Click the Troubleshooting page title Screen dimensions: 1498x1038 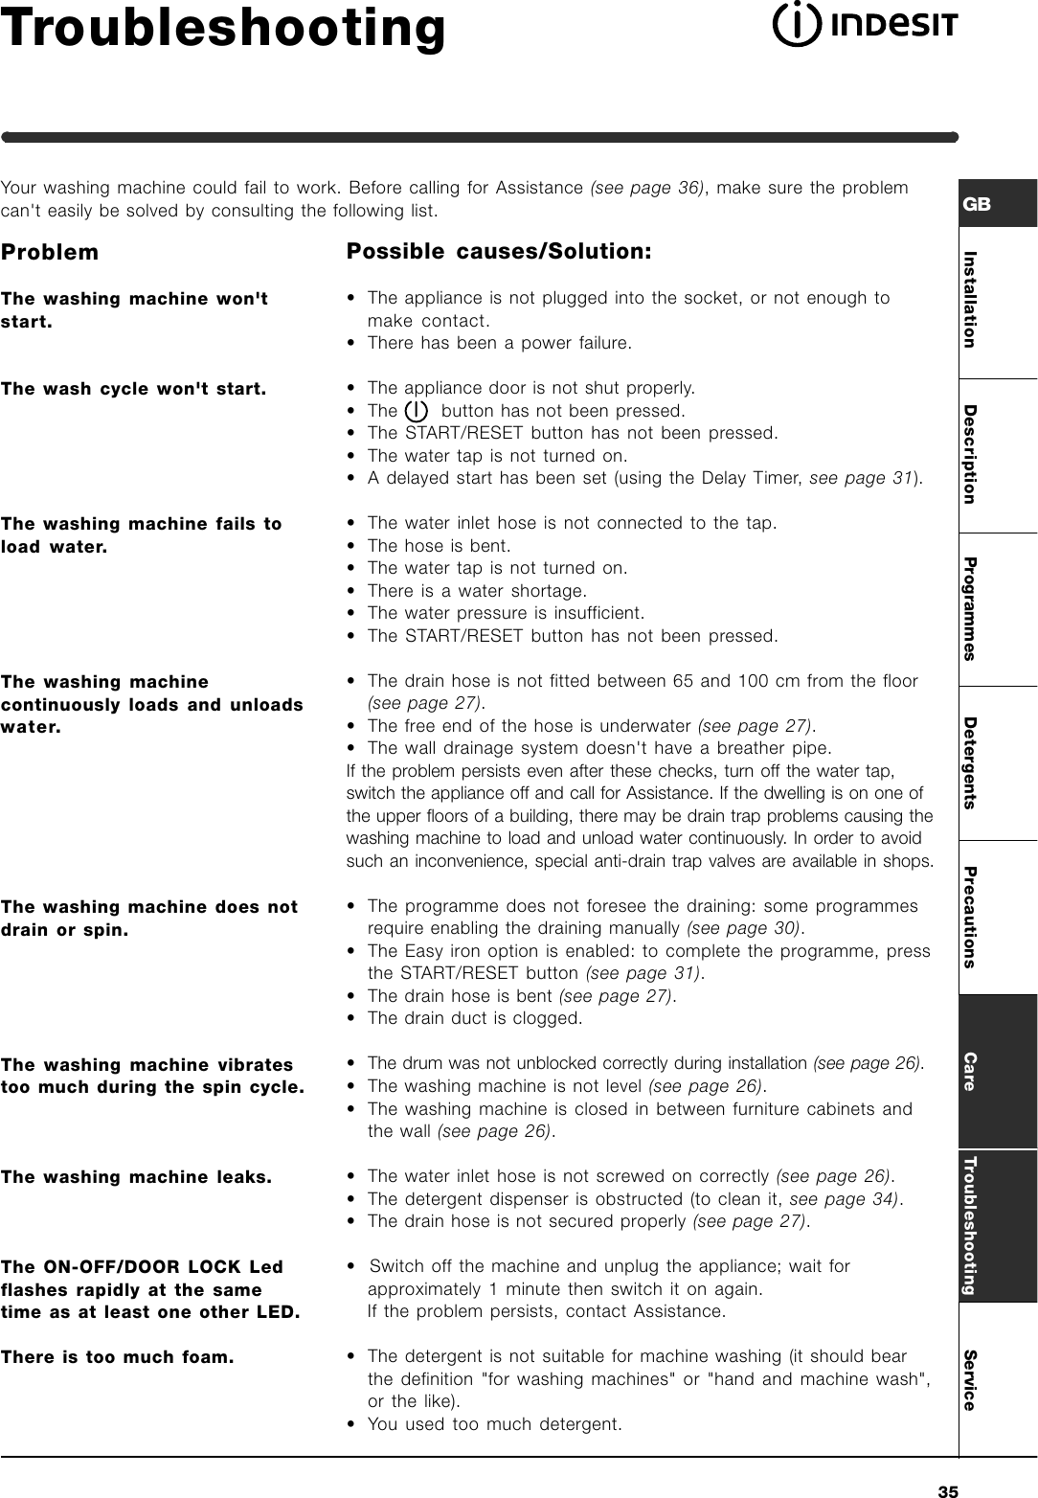click(x=223, y=29)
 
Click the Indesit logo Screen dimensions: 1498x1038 click(x=865, y=26)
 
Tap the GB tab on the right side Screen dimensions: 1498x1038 click(x=979, y=205)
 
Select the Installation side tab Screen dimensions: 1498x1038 click(x=970, y=300)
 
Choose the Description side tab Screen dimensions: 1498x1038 click(x=970, y=454)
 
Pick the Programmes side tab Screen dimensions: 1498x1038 click(x=970, y=608)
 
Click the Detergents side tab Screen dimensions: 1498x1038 click(x=970, y=762)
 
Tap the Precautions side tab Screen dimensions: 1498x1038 click(x=970, y=917)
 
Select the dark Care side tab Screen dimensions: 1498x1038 click(x=970, y=1071)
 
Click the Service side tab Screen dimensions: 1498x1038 click(x=970, y=1379)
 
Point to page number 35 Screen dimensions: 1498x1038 click(x=948, y=1489)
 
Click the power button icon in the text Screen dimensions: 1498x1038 click(x=417, y=411)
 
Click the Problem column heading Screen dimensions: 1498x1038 click(x=50, y=253)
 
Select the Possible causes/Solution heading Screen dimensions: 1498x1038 click(x=499, y=252)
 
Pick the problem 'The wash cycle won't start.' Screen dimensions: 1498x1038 click(x=133, y=389)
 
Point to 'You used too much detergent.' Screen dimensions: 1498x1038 click(x=494, y=1424)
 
